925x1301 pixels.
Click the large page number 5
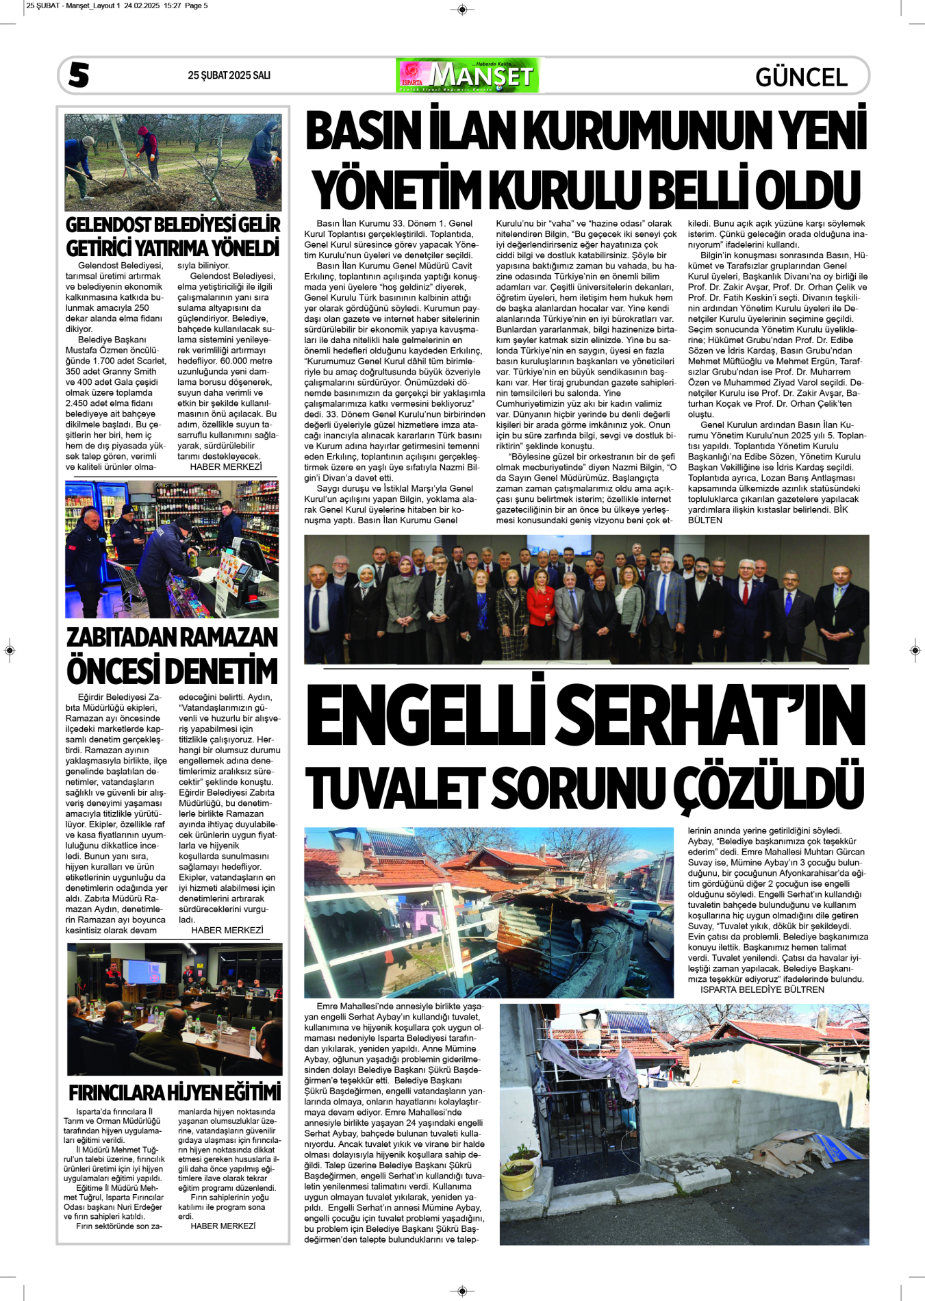pyautogui.click(x=79, y=75)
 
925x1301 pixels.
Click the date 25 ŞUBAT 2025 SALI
pyautogui.click(x=229, y=75)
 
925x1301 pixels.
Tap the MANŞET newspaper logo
pyautogui.click(x=468, y=75)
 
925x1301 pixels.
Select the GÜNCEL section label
pyautogui.click(x=801, y=77)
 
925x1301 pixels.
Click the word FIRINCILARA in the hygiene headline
pyautogui.click(x=117, y=1092)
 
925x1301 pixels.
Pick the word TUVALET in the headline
pyautogui.click(x=395, y=788)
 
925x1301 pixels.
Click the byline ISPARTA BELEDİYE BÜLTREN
pyautogui.click(x=762, y=989)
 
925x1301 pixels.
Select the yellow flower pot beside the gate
pyautogui.click(x=518, y=1176)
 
